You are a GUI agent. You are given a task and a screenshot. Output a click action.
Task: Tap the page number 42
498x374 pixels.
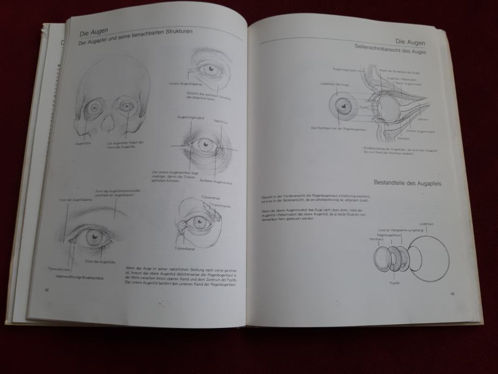click(47, 291)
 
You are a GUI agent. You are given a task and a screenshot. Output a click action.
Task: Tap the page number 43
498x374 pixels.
click(452, 294)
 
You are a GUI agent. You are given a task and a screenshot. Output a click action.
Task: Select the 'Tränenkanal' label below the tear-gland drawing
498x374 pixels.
click(185, 249)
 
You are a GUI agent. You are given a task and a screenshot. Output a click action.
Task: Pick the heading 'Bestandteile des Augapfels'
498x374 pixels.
click(408, 184)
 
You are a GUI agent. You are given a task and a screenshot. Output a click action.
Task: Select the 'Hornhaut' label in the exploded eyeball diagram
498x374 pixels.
click(376, 239)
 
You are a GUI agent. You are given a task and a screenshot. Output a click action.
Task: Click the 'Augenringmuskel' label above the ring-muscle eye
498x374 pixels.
click(190, 117)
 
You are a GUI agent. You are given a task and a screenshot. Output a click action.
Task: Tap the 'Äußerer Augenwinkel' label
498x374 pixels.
click(215, 180)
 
